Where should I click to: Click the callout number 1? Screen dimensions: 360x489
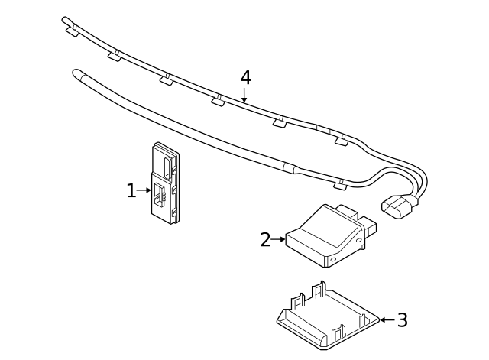pos(131,191)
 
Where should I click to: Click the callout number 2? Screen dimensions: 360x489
pos(264,240)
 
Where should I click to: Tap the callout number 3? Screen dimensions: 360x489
pos(402,320)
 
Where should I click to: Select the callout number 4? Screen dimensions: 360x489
pos(245,78)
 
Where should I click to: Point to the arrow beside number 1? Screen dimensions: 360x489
pos(144,190)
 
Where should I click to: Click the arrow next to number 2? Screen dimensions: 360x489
pos(278,240)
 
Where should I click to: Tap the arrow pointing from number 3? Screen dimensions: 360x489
pos(387,319)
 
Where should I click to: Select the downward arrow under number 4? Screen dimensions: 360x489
pos(244,95)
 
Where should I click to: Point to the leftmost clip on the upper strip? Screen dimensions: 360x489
pos(74,32)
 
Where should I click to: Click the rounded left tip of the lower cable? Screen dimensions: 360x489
pos(76,73)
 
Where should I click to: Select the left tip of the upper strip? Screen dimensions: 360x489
pos(66,21)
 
